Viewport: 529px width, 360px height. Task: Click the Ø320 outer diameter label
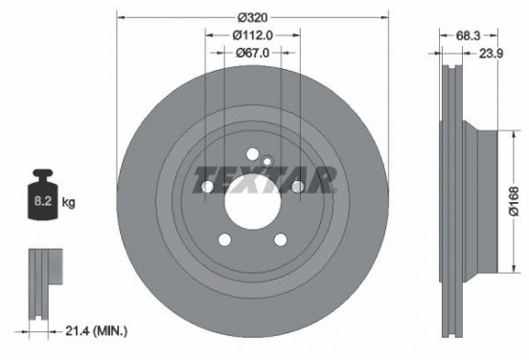[x=252, y=17]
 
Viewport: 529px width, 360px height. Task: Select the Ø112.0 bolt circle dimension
[x=253, y=34]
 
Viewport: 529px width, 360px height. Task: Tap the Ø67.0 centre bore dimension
[x=253, y=53]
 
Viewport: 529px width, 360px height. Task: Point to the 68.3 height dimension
[x=468, y=35]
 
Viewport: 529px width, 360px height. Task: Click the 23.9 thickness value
[x=492, y=54]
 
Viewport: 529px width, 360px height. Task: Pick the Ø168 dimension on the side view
[x=515, y=201]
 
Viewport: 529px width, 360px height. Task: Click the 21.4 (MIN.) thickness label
[x=97, y=331]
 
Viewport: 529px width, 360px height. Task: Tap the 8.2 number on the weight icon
[x=43, y=201]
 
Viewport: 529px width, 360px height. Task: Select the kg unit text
[x=68, y=203]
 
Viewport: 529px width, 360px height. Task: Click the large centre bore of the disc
[x=253, y=203]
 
